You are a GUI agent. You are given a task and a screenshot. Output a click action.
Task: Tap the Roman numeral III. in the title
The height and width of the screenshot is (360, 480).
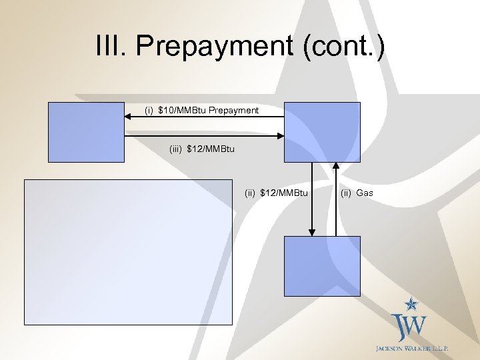click(113, 47)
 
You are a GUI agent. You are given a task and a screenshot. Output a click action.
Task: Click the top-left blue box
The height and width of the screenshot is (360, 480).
click(86, 132)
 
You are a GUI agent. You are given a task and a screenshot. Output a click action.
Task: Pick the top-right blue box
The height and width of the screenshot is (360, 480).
click(322, 132)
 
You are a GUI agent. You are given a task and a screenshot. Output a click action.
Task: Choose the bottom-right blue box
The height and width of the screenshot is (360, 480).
click(322, 266)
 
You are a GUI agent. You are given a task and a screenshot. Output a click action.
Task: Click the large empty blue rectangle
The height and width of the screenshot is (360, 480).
click(128, 252)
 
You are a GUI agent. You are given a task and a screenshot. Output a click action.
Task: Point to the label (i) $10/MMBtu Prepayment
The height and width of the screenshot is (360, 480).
click(202, 110)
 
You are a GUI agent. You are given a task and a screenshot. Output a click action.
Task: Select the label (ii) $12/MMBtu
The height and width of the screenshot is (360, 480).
click(277, 193)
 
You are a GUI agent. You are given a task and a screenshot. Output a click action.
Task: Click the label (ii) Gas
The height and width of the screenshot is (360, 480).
click(357, 193)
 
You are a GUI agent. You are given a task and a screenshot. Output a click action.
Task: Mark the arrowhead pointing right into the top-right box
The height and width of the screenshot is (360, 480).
click(280, 135)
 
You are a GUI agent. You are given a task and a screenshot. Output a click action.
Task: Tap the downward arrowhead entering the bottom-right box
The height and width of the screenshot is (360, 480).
click(311, 232)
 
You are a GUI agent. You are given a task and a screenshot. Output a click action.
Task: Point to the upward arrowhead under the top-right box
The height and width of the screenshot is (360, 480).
click(335, 167)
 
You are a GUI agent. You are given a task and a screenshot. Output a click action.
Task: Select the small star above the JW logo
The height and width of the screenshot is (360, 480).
click(413, 304)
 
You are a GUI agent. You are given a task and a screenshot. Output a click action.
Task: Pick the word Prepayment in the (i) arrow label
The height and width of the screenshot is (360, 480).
click(233, 110)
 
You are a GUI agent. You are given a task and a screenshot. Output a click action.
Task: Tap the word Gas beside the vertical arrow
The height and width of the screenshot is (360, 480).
click(365, 193)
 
